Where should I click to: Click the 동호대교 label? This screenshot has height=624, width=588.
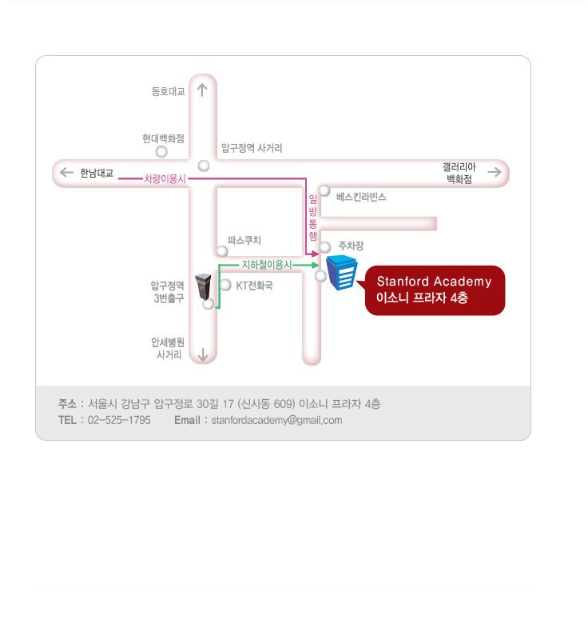(x=168, y=91)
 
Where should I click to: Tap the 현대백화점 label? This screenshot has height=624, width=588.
(x=163, y=138)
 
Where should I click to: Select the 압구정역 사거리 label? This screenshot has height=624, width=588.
(x=252, y=148)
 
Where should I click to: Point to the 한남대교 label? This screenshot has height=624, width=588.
(x=97, y=172)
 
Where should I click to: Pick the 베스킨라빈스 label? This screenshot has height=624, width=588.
(x=361, y=196)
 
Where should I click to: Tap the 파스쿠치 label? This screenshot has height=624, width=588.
(x=244, y=240)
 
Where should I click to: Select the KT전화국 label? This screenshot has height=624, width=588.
(x=254, y=285)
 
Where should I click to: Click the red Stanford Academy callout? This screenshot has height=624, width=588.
(x=435, y=290)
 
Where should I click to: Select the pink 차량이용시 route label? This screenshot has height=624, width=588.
(x=165, y=179)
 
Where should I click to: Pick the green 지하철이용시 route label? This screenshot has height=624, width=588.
(x=267, y=264)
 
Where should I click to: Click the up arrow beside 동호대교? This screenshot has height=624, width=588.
(x=203, y=90)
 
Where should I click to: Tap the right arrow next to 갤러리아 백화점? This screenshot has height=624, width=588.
(x=495, y=172)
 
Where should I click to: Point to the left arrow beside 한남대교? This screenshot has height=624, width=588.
(x=66, y=172)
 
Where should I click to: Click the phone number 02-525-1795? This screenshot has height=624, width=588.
(x=119, y=420)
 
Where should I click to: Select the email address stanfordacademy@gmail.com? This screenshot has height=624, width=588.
(x=276, y=420)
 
